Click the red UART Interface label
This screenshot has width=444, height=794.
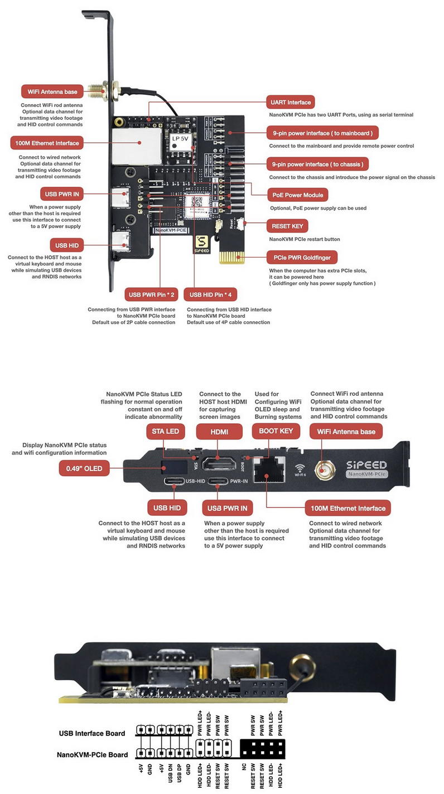pyautogui.click(x=290, y=102)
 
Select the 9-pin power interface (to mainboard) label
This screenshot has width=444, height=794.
pyautogui.click(x=322, y=132)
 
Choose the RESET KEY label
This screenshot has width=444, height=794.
pyautogui.click(x=288, y=226)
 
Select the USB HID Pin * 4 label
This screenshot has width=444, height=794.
pyautogui.click(x=211, y=294)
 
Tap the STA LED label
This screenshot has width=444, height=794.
pyautogui.click(x=165, y=432)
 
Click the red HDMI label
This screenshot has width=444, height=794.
pyautogui.click(x=219, y=432)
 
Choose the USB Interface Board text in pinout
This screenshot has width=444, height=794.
pyautogui.click(x=92, y=733)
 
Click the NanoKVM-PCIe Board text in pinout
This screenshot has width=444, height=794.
pyautogui.click(x=92, y=755)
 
